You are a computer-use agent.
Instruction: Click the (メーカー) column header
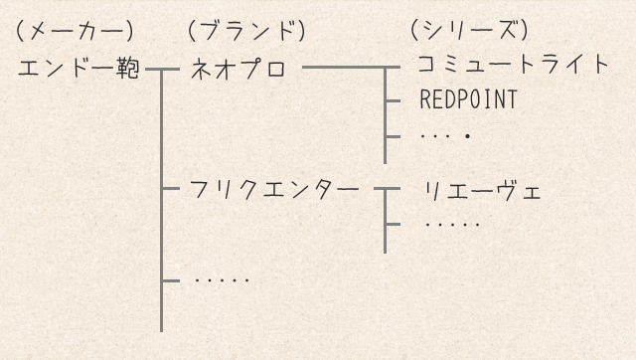[x=75, y=32]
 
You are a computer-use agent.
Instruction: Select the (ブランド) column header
[x=245, y=32]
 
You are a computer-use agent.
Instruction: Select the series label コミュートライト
[x=512, y=66]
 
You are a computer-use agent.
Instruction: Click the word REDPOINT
[x=469, y=100]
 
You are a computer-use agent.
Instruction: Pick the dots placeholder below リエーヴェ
[x=452, y=224]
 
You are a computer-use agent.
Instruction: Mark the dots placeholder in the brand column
[x=222, y=280]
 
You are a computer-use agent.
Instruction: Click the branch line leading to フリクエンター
[x=172, y=187]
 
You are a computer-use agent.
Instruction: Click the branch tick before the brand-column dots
[x=171, y=280]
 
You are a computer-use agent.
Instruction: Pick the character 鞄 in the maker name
[x=128, y=71]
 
